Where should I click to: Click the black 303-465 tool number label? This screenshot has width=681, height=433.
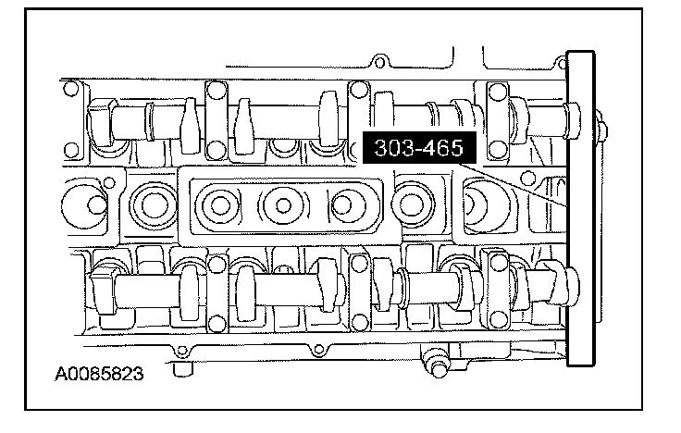(x=419, y=148)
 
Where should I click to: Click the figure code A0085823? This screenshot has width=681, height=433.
(x=99, y=374)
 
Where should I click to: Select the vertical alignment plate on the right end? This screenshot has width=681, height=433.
(x=581, y=208)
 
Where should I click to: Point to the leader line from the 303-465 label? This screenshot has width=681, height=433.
(x=513, y=184)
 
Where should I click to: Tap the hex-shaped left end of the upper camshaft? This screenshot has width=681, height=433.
(x=102, y=122)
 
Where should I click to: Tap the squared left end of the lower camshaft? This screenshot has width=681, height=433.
(x=103, y=290)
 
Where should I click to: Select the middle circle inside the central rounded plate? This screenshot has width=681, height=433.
(x=284, y=205)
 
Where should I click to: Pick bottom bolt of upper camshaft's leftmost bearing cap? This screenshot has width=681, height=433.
(x=216, y=150)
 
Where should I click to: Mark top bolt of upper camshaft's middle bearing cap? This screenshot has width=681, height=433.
(x=359, y=90)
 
